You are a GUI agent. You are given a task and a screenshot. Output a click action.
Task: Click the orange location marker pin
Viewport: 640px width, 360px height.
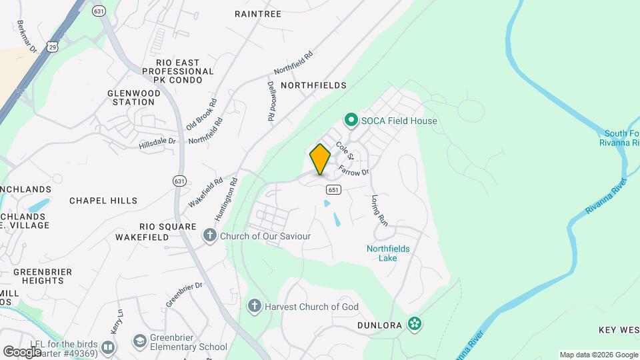pyautogui.click(x=320, y=159)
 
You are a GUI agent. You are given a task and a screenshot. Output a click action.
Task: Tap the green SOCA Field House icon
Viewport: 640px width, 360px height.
pyautogui.click(x=351, y=121)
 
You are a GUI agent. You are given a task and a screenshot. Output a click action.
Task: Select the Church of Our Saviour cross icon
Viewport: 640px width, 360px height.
pyautogui.click(x=210, y=235)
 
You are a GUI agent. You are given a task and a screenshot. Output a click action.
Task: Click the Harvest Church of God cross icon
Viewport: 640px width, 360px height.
pyautogui.click(x=254, y=307)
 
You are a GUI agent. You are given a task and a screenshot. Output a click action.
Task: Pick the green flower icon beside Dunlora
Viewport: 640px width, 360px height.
pyautogui.click(x=415, y=324)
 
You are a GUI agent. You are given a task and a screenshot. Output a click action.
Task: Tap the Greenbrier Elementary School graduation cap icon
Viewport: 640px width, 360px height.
pyautogui.click(x=139, y=341)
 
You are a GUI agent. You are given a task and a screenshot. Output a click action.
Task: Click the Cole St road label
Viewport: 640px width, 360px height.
pyautogui.click(x=344, y=151)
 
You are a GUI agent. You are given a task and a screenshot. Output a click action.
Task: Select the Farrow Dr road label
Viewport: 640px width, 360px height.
pyautogui.click(x=353, y=171)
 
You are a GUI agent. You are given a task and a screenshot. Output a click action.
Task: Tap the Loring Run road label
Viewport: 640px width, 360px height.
pyautogui.click(x=379, y=211)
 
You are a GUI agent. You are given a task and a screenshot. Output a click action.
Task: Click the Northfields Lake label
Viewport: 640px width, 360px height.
pyautogui.click(x=388, y=253)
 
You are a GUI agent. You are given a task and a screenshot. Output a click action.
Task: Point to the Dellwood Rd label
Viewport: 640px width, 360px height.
pyautogui.click(x=271, y=101)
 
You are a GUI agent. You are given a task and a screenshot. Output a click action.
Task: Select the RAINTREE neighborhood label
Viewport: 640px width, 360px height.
pyautogui.click(x=258, y=13)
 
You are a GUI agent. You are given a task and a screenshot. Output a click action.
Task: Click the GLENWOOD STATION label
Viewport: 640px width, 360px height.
pyautogui.click(x=134, y=97)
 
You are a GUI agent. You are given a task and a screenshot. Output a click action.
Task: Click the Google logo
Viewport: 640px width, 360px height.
pyautogui.click(x=21, y=351)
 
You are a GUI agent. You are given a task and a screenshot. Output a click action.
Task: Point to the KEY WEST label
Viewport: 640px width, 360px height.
pyautogui.click(x=619, y=330)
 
